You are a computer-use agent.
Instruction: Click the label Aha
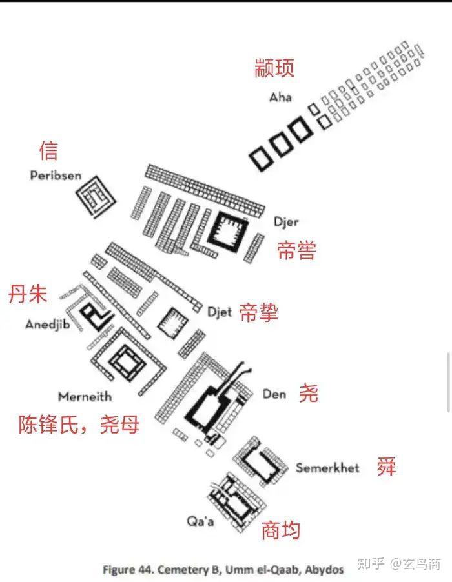280,97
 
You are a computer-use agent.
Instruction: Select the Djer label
285,221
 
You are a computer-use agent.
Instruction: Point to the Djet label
219,312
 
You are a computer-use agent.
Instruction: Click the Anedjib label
47,324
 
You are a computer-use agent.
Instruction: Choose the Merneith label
85,396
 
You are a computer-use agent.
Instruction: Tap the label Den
274,394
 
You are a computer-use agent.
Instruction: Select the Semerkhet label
327,467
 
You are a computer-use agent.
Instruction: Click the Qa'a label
200,521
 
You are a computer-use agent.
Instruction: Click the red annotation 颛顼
274,68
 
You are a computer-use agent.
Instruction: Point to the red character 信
48,150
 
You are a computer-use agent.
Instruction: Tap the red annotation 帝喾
296,250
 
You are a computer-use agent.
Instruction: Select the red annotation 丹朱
28,295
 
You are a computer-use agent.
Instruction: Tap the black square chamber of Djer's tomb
228,228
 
